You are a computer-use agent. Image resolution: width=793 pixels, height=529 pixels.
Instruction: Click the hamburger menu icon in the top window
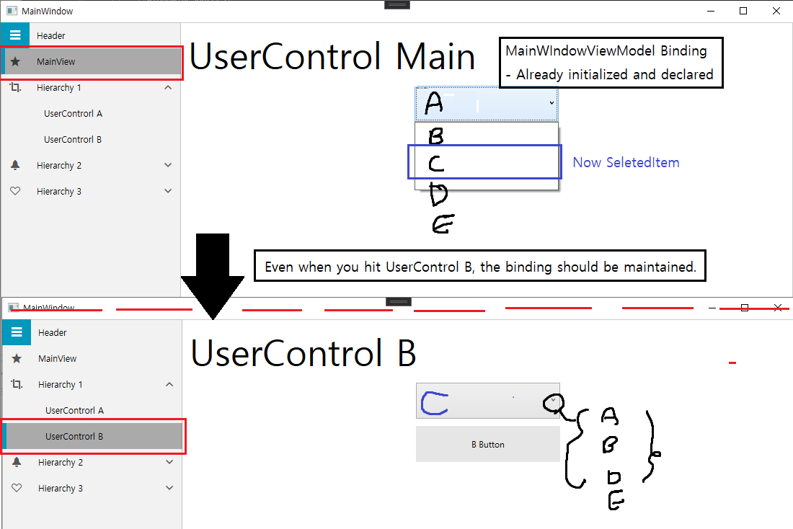coord(15,35)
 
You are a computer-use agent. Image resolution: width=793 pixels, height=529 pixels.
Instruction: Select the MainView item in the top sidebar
coord(92,62)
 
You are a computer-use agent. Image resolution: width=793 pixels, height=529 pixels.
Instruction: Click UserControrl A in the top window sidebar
coord(73,114)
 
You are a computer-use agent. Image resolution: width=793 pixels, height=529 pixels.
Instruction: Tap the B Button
coord(488,445)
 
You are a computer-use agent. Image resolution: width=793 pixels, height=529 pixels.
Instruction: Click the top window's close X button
coord(776,11)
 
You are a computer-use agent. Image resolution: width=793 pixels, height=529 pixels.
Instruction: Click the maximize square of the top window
coord(743,11)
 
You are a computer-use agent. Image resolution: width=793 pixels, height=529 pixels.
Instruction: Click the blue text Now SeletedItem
coord(626,163)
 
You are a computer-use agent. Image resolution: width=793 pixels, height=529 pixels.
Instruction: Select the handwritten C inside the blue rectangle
coord(436,164)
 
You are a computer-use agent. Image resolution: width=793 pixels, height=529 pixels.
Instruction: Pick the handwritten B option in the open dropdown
coord(435,136)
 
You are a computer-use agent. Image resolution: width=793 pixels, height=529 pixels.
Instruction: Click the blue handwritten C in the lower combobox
coord(434,404)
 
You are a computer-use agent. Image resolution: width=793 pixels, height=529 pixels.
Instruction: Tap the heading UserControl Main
coord(332,57)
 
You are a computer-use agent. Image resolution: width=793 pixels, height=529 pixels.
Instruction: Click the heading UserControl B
coord(304,354)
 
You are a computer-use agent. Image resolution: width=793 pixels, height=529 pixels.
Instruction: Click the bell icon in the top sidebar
coord(15,166)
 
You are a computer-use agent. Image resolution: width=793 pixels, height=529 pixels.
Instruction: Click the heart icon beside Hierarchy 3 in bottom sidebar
coord(17,489)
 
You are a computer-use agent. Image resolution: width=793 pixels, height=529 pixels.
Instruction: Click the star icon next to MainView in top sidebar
coord(15,62)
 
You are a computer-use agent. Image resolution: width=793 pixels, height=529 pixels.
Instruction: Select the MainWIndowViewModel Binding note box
coord(610,63)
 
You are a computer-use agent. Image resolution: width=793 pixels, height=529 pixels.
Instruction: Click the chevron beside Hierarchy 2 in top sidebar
coord(168,166)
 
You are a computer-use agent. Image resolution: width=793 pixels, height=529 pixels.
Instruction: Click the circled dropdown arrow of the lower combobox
coord(552,401)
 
